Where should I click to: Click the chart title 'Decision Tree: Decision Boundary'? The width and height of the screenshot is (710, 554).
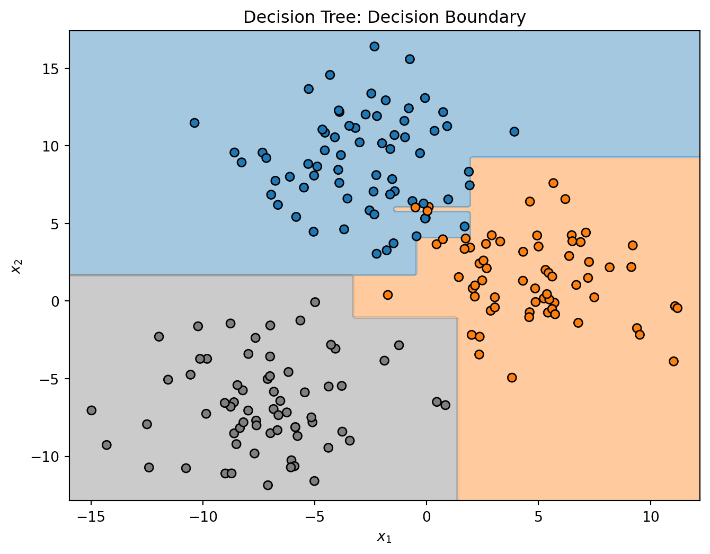[x=384, y=17]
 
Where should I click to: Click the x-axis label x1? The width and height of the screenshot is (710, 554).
[x=384, y=537]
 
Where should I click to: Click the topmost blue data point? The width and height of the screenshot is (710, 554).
[x=374, y=47]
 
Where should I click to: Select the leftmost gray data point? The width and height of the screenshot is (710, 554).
[x=91, y=410]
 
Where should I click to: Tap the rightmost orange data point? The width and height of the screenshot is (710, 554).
[x=677, y=308]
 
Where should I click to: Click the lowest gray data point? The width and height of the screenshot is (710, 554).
[x=268, y=485]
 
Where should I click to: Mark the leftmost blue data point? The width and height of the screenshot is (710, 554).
[x=194, y=123]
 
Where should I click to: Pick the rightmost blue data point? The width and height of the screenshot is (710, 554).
[x=514, y=131]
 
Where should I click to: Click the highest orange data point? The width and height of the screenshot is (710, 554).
[x=553, y=183]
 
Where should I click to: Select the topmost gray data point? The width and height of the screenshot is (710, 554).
[x=315, y=302]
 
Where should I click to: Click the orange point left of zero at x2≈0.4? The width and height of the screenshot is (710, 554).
[x=388, y=295]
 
